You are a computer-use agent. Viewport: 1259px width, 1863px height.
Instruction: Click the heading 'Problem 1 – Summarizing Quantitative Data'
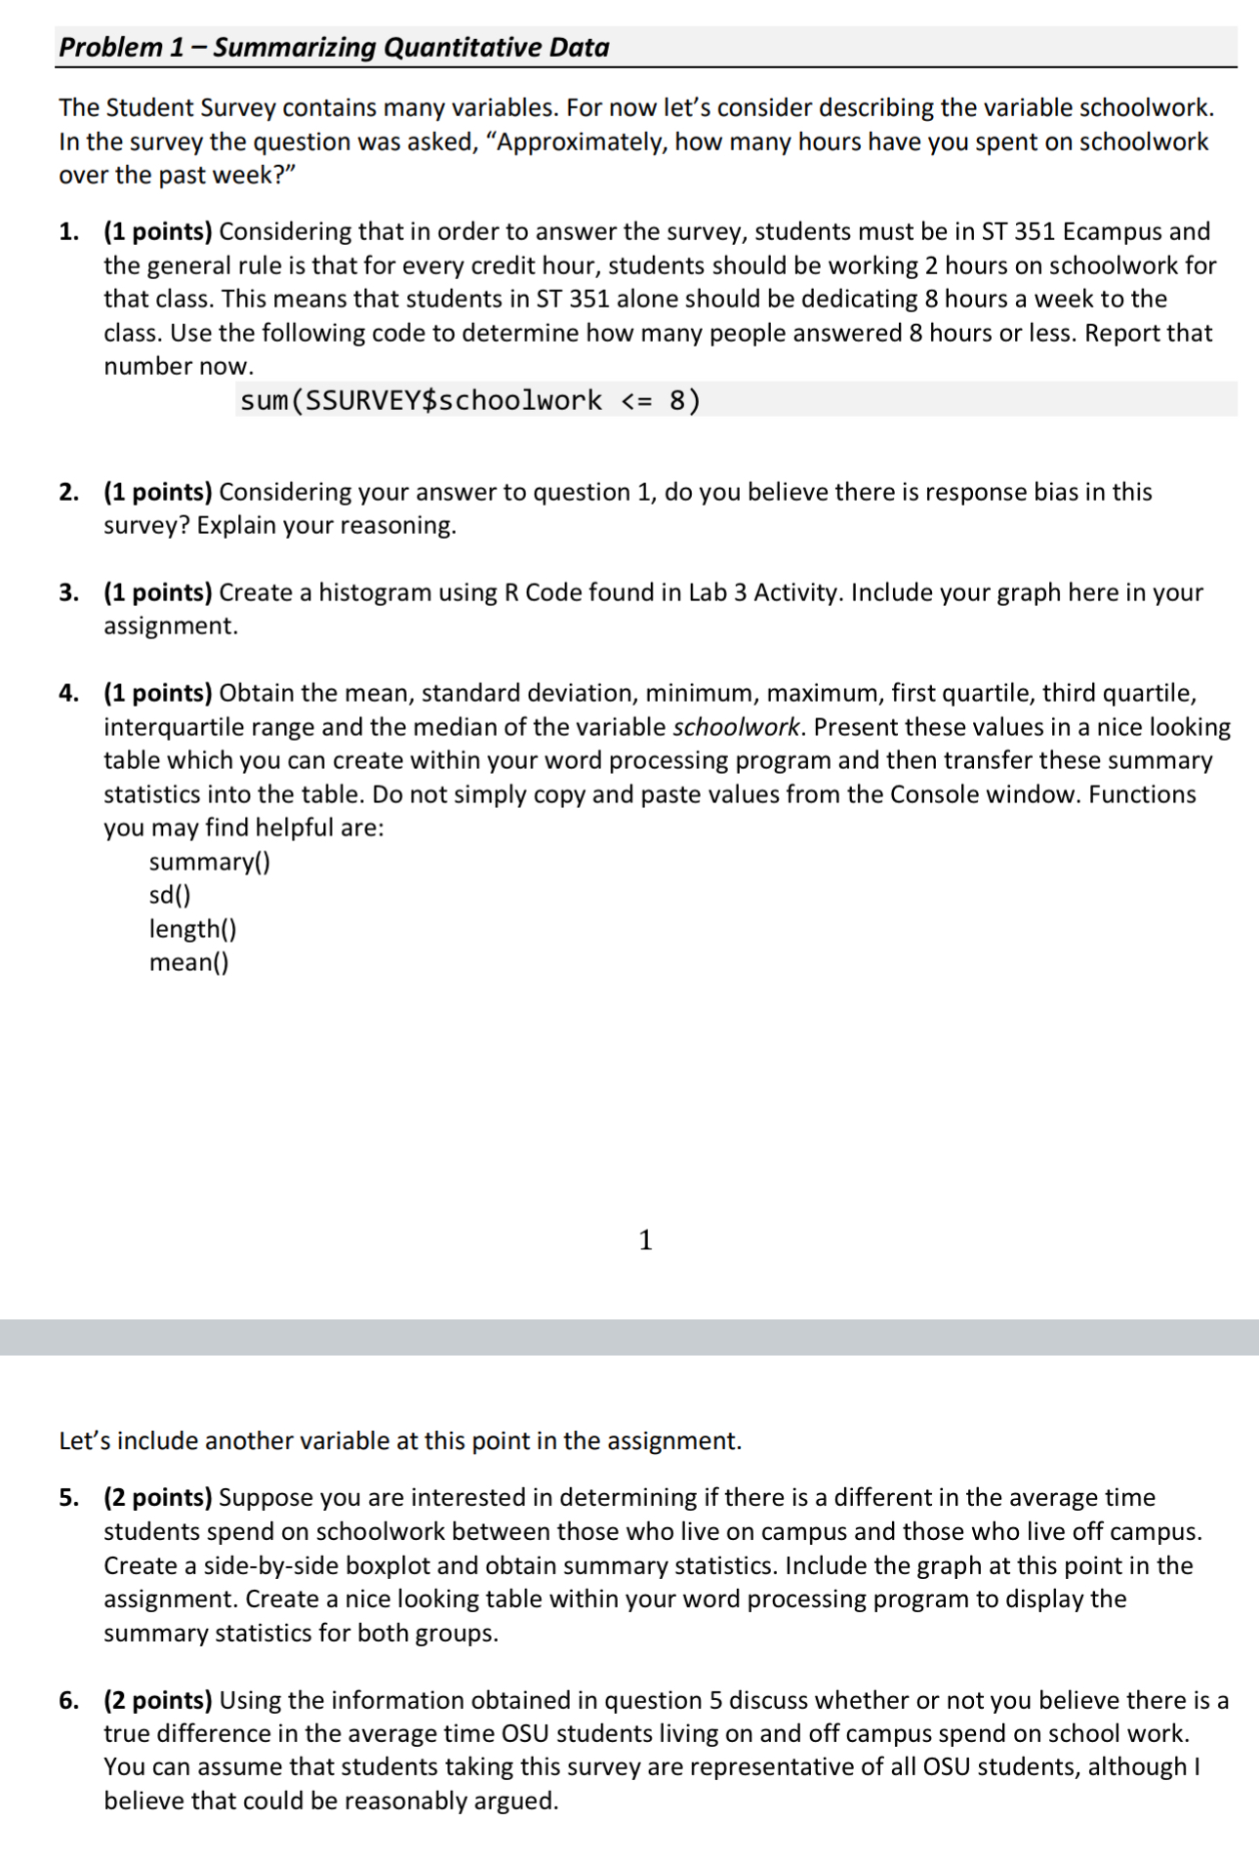coord(334,47)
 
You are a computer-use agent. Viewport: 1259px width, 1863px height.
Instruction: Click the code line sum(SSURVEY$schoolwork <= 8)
coord(469,400)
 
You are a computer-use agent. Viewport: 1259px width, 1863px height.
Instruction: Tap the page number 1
coord(644,1239)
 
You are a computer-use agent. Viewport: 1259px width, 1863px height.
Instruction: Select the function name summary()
coord(209,862)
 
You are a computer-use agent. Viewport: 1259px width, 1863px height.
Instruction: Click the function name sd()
coord(169,895)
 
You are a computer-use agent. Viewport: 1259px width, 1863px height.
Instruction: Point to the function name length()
coord(192,928)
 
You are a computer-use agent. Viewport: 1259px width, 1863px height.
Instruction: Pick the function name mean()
coord(188,962)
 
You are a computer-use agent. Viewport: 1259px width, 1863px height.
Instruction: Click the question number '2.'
coord(68,492)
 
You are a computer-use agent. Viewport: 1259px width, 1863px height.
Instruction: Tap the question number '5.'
coord(68,1497)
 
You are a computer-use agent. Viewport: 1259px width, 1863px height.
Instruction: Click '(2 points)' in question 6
coord(158,1700)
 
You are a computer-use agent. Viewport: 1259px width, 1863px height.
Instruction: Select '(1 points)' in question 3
coord(158,592)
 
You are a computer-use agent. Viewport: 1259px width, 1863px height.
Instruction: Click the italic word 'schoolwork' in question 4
coord(737,727)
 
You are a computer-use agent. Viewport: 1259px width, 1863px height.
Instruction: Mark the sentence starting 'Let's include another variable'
coord(400,1440)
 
